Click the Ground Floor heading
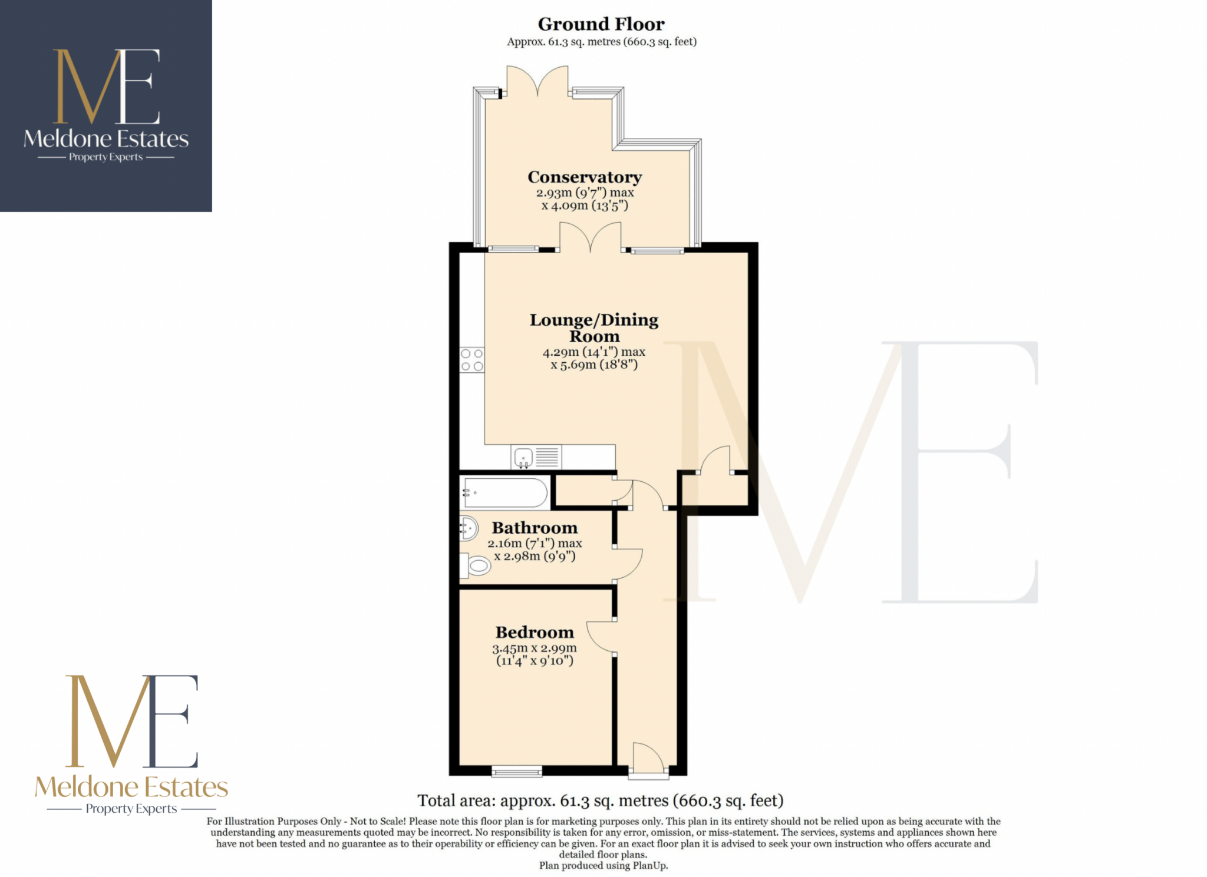[x=601, y=24]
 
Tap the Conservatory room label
[x=584, y=177]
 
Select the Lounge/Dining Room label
[x=593, y=327]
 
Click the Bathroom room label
[x=535, y=528]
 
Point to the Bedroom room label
[x=535, y=632]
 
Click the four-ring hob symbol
[x=472, y=359]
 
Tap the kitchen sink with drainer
[x=536, y=457]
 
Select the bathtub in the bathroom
[x=505, y=492]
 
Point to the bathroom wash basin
[x=468, y=528]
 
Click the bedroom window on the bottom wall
[x=517, y=771]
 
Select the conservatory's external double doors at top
[x=537, y=81]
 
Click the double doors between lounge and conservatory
[x=590, y=237]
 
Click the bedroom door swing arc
[x=600, y=637]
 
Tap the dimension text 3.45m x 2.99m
[x=534, y=648]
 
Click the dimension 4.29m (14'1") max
[x=593, y=352]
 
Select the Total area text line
[x=600, y=800]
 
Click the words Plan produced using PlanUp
[x=603, y=866]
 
